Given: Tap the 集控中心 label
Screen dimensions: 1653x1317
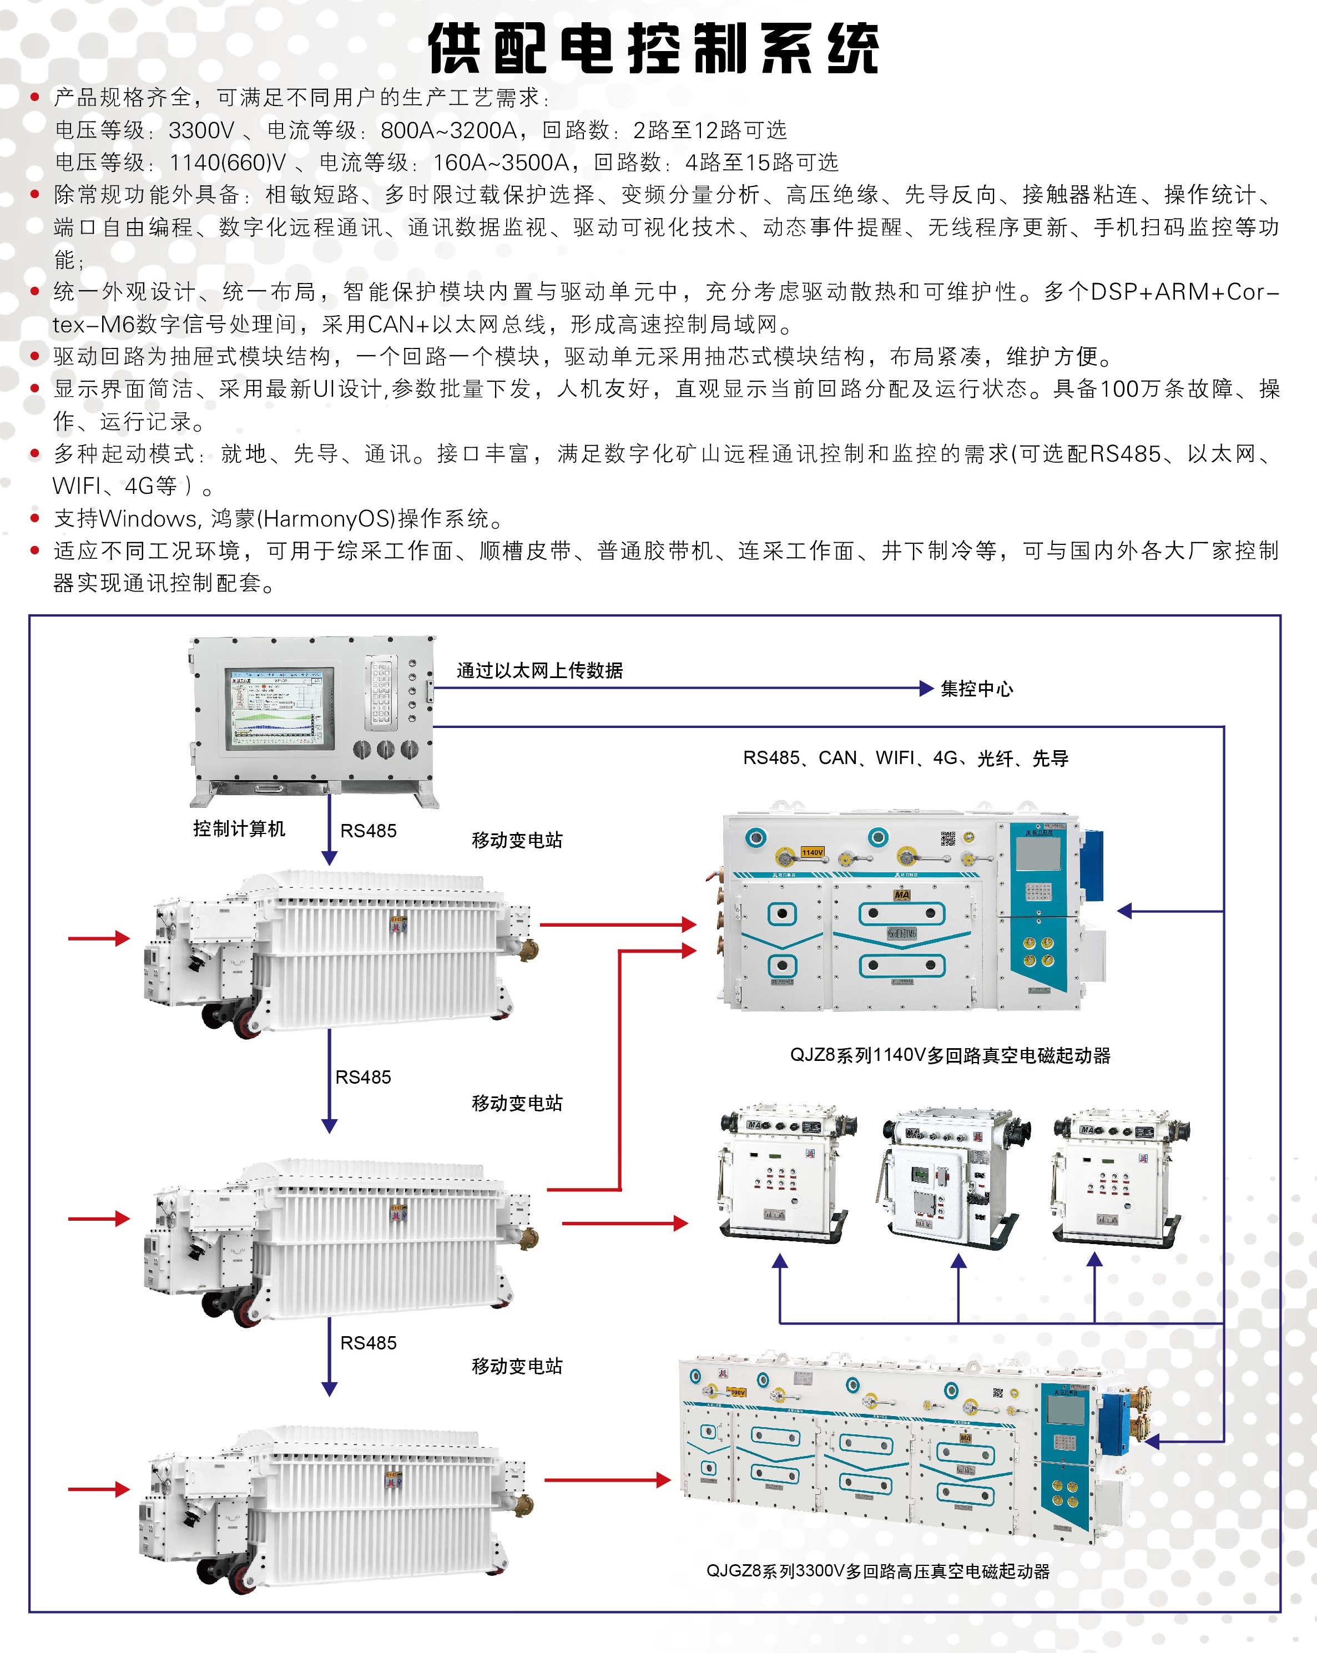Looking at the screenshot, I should tap(976, 689).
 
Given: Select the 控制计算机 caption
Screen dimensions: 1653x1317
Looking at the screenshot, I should tap(239, 829).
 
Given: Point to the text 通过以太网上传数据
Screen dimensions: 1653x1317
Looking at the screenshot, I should tap(539, 670).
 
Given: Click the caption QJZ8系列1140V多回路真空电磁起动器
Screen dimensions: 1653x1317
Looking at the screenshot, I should tap(950, 1055).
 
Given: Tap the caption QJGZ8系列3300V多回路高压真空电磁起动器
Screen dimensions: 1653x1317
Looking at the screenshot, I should tap(877, 1571).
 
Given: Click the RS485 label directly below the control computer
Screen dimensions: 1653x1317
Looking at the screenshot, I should tap(368, 831).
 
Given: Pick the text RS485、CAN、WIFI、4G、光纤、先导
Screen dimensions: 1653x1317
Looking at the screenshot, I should tap(905, 759).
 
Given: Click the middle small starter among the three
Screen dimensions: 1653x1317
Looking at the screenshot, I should tap(956, 1176).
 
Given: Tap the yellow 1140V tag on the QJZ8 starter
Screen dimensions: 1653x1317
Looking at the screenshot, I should tap(813, 852).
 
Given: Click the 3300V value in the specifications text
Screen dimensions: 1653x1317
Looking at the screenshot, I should tap(201, 130).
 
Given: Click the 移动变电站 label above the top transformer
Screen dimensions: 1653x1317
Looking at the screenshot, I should tap(517, 840).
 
